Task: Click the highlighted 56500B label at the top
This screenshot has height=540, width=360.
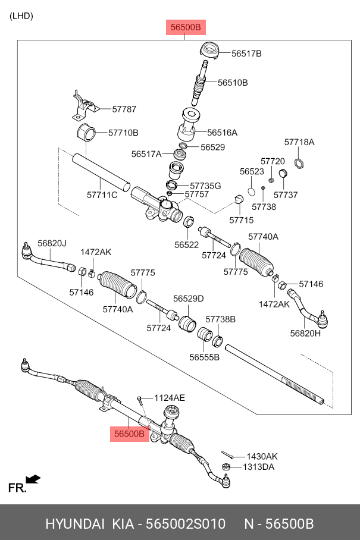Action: pyautogui.click(x=186, y=27)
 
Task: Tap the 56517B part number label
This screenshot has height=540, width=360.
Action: pyautogui.click(x=246, y=54)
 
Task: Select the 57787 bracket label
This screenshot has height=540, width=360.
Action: pyautogui.click(x=124, y=109)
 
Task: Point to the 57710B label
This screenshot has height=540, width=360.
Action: pyautogui.click(x=123, y=133)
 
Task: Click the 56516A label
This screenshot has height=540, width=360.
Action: pyautogui.click(x=222, y=133)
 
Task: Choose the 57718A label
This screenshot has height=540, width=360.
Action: pyautogui.click(x=299, y=142)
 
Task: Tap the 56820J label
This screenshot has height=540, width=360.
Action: pyautogui.click(x=52, y=243)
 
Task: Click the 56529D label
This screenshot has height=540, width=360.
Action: pyautogui.click(x=189, y=299)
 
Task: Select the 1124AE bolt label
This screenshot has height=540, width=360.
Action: pyautogui.click(x=170, y=398)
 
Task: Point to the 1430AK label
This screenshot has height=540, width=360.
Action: pyautogui.click(x=262, y=457)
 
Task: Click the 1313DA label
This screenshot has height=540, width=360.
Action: pyautogui.click(x=259, y=467)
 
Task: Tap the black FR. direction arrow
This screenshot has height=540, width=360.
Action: pyautogui.click(x=33, y=479)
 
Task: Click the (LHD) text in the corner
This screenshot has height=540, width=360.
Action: pyautogui.click(x=21, y=16)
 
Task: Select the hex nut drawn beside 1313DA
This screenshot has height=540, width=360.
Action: pyautogui.click(x=226, y=467)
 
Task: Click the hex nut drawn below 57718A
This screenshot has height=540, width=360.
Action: pyautogui.click(x=299, y=162)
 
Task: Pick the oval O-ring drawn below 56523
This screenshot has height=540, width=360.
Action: pyautogui.click(x=252, y=191)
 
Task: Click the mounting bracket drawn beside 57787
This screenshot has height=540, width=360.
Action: pyautogui.click(x=84, y=105)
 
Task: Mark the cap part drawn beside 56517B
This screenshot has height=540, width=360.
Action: pyautogui.click(x=209, y=51)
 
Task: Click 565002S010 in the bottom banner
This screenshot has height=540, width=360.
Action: pyautogui.click(x=186, y=524)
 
